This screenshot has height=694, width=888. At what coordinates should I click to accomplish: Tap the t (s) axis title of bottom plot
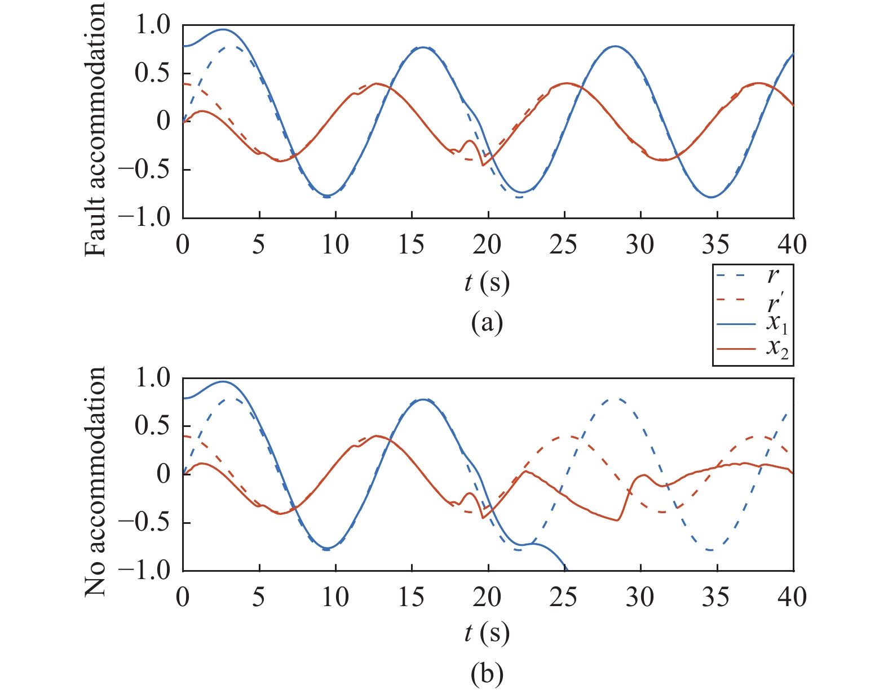tap(487, 634)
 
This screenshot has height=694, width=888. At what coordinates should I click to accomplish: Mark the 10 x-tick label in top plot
tap(335, 245)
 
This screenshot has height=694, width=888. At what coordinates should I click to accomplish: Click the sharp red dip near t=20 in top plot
tap(483, 165)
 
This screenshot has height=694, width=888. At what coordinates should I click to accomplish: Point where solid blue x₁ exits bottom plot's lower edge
tap(564, 569)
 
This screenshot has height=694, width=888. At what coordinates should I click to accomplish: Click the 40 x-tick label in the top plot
tap(793, 245)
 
